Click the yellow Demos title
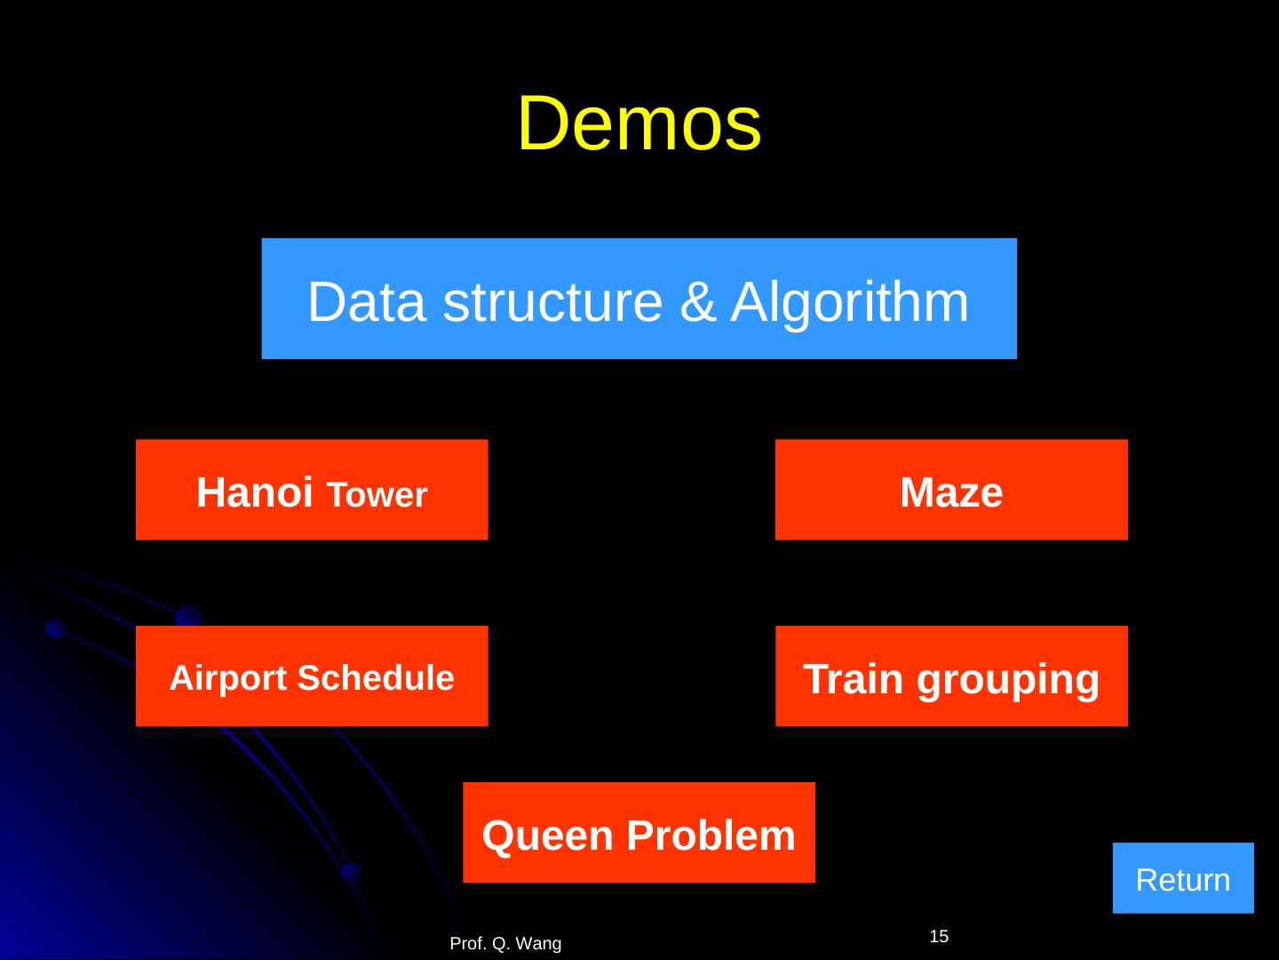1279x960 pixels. pyautogui.click(x=639, y=124)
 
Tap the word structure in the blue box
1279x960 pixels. pyautogui.click(x=552, y=301)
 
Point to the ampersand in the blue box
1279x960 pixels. pyautogui.click(x=696, y=301)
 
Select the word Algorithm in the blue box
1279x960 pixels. pyautogui.click(x=850, y=301)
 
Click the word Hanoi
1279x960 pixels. pyautogui.click(x=254, y=492)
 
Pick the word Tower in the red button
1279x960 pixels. pyautogui.click(x=377, y=495)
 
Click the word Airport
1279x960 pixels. pyautogui.click(x=227, y=678)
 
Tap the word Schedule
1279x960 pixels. pyautogui.click(x=376, y=678)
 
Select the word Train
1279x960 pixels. pyautogui.click(x=854, y=679)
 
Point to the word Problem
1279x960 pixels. pyautogui.click(x=711, y=836)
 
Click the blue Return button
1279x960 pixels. pyautogui.click(x=1182, y=878)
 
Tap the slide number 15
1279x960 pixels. pyautogui.click(x=939, y=936)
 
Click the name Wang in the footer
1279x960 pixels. pyautogui.click(x=539, y=944)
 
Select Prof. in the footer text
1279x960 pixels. pyautogui.click(x=468, y=944)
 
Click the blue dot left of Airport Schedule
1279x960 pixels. pyautogui.click(x=56, y=628)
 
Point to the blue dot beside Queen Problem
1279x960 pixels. pyautogui.click(x=351, y=872)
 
